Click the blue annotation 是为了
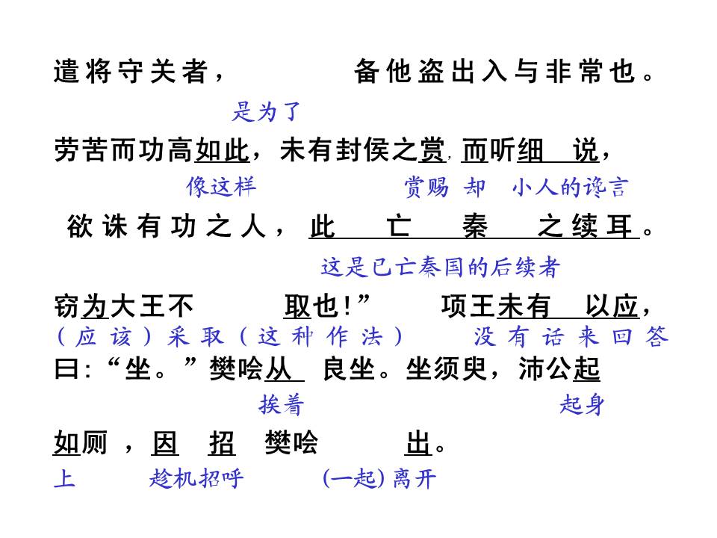[266, 111]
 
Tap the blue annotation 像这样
[221, 187]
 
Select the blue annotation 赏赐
[426, 188]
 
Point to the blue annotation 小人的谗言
[570, 187]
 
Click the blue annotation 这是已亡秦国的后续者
[441, 268]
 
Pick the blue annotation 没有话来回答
[571, 337]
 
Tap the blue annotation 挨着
[282, 405]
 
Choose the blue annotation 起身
[582, 405]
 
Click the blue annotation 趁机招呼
[196, 478]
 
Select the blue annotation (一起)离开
[379, 478]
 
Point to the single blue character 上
[64, 478]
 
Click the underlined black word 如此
[223, 150]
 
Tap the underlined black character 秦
[475, 226]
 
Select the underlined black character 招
[222, 443]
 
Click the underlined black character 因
[164, 443]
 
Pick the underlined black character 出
[418, 443]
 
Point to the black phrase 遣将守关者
[131, 72]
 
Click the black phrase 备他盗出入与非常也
[494, 72]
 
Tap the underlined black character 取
[297, 306]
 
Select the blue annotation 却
[474, 188]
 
